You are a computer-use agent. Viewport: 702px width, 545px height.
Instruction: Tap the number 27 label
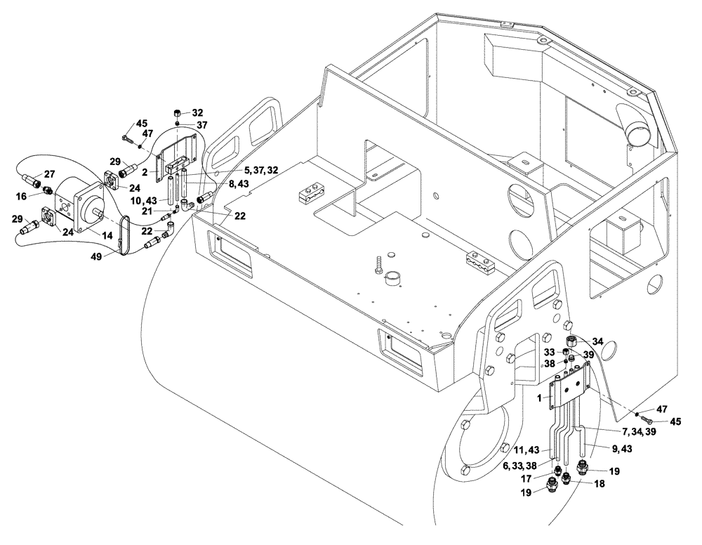point(50,173)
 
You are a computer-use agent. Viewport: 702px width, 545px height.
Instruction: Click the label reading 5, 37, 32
point(241,169)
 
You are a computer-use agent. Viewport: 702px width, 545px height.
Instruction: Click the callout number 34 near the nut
point(597,342)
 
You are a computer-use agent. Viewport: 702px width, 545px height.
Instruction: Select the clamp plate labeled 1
point(569,389)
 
